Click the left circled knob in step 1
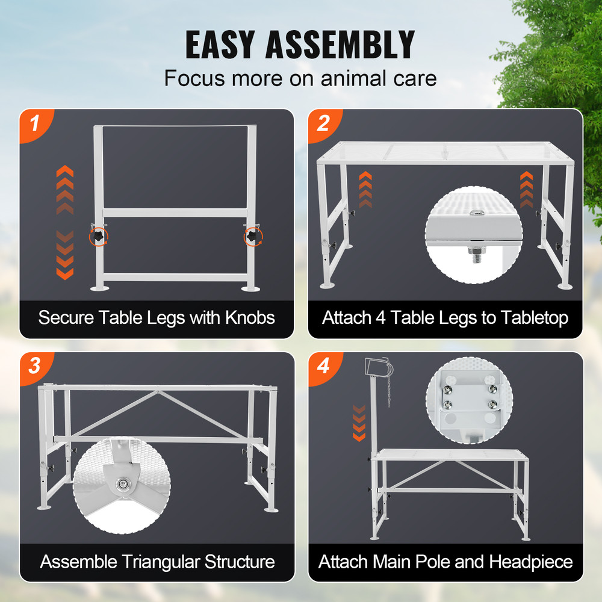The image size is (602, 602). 99,237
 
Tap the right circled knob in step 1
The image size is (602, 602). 253,237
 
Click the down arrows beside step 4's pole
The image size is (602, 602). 359,422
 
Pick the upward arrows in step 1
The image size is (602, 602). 64,190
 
